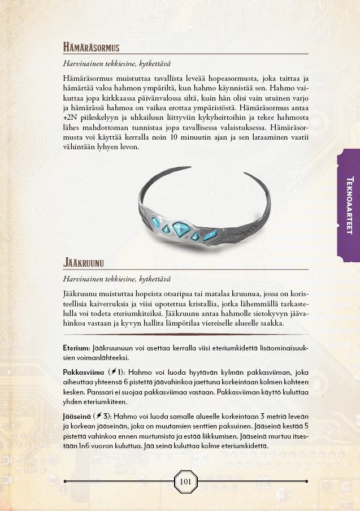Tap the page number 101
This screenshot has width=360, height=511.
185,482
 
